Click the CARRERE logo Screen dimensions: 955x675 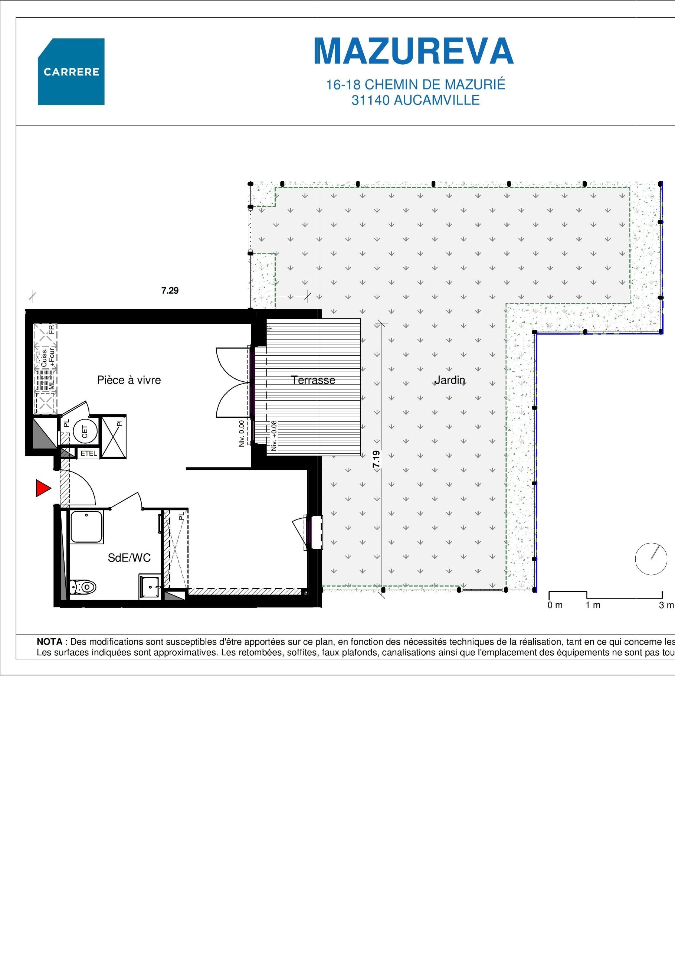click(x=71, y=72)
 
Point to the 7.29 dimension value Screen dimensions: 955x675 click(x=170, y=290)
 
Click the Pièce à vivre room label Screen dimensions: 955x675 click(x=129, y=380)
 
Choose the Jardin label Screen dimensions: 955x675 click(x=450, y=380)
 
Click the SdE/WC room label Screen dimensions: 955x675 click(x=129, y=558)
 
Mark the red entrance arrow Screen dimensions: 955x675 click(x=43, y=488)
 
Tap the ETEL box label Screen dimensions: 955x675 click(x=89, y=453)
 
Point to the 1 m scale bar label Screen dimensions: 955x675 click(x=593, y=605)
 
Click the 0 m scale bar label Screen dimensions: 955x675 click(x=555, y=605)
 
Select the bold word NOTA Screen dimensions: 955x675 click(x=49, y=642)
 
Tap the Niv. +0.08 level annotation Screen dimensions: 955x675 click(x=274, y=436)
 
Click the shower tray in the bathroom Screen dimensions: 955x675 click(x=86, y=527)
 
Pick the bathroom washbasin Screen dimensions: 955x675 click(x=150, y=587)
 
